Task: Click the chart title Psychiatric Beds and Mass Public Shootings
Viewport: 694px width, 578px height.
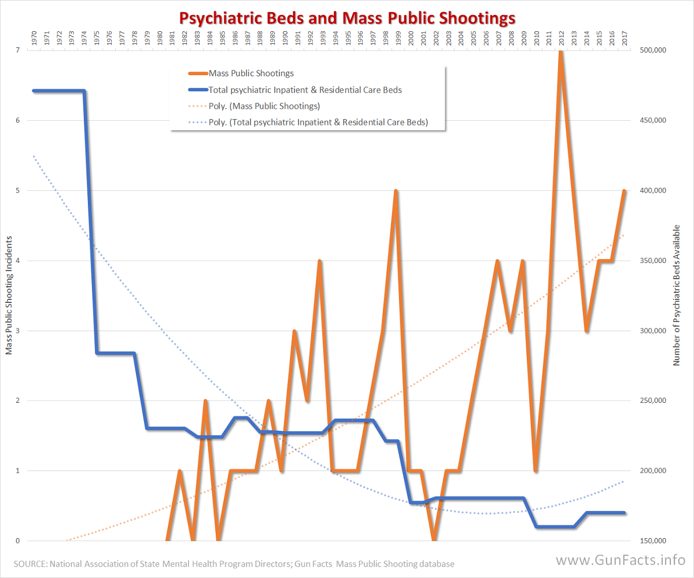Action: pos(347,18)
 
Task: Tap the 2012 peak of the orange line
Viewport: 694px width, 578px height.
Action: pos(560,52)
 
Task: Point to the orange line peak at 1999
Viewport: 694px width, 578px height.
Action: pos(396,191)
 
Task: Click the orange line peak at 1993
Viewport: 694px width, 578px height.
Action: pos(319,261)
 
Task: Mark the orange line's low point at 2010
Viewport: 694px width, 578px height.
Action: pos(535,470)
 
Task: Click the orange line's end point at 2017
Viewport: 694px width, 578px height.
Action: pos(624,191)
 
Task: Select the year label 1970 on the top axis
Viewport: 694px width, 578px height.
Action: pos(34,39)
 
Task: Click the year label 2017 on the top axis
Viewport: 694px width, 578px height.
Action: pos(624,39)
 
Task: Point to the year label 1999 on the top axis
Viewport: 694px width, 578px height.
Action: pos(396,39)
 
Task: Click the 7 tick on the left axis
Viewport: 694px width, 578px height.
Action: pos(18,50)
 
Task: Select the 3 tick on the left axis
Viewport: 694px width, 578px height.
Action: pos(18,331)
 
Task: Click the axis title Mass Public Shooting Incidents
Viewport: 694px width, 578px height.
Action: pos(9,295)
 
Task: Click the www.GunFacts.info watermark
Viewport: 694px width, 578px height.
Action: pos(621,560)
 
